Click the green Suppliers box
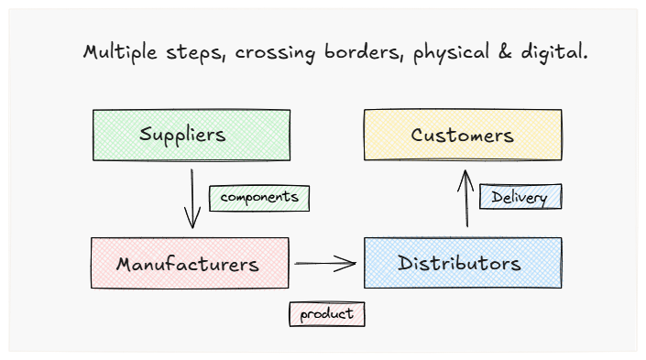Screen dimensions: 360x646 (x=191, y=136)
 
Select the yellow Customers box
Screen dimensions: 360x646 (x=462, y=136)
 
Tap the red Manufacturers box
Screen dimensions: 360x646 (x=189, y=264)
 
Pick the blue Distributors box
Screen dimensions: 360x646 (x=462, y=264)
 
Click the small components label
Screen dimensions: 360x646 (x=259, y=198)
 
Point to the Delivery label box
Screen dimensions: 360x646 (x=520, y=197)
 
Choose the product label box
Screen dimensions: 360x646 (x=326, y=314)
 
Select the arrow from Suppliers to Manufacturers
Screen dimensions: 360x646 (x=192, y=196)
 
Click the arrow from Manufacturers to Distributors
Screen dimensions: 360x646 (x=325, y=264)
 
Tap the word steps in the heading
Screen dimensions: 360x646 (x=196, y=53)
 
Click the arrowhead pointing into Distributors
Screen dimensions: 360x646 (x=348, y=264)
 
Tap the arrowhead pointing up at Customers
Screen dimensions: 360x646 (x=466, y=174)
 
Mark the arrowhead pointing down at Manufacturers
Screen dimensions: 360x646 (x=192, y=221)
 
